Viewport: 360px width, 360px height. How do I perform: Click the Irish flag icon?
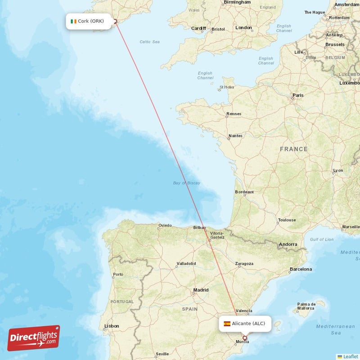tap(73, 21)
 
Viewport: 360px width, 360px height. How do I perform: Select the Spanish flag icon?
tap(227, 324)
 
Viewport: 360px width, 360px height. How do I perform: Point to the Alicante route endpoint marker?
tap(245, 337)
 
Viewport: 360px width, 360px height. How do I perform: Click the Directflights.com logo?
tap(34, 338)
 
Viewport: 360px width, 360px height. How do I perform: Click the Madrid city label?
tap(201, 290)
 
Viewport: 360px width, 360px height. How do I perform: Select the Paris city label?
tap(298, 95)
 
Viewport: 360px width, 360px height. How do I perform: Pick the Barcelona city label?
tap(301, 269)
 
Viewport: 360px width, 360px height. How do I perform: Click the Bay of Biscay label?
tap(187, 183)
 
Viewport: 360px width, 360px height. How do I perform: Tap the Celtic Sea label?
tap(150, 42)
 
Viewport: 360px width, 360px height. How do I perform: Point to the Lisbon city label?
tap(112, 326)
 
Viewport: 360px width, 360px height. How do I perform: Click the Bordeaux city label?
tap(244, 192)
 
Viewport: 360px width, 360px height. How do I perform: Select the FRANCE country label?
tap(293, 149)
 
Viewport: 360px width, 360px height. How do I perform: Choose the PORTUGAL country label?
tap(122, 301)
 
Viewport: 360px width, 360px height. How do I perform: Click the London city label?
tap(243, 28)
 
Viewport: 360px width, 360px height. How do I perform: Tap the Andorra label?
tap(288, 244)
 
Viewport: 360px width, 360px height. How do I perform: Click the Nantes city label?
tap(235, 135)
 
